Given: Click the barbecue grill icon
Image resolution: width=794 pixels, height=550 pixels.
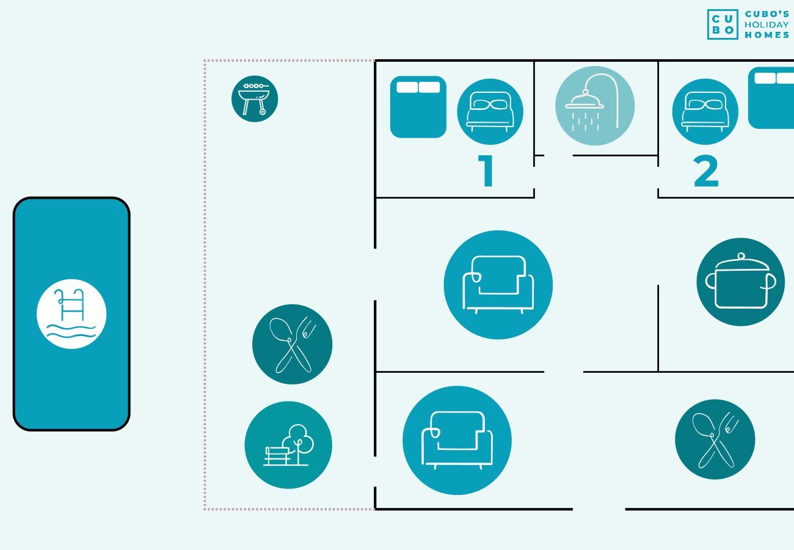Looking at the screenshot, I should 255,99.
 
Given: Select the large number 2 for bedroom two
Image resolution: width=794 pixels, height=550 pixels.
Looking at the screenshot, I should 706,172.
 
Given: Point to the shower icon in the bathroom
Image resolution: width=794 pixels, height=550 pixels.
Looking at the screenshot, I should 594,106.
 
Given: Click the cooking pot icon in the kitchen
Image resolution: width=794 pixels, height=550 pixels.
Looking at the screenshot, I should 740,282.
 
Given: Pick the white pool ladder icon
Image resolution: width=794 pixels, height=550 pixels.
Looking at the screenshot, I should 71,314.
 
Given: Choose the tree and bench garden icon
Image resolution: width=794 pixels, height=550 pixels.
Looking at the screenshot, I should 288,445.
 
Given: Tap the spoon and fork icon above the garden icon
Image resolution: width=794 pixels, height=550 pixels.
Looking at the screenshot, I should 292,344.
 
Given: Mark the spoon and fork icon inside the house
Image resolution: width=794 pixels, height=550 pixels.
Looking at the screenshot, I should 715,439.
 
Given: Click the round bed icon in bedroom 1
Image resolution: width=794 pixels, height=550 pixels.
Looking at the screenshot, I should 490,112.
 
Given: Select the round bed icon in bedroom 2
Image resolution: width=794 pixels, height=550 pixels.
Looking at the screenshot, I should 705,112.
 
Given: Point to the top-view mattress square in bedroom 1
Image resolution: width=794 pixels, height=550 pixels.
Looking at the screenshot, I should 418,107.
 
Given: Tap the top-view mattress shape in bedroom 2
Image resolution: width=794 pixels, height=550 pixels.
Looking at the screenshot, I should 771,98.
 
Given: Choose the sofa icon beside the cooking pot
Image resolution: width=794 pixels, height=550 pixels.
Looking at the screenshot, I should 498,285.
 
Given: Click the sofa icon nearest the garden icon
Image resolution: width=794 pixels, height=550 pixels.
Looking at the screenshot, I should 457,440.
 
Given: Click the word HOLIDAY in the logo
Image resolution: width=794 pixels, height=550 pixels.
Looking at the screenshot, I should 767,24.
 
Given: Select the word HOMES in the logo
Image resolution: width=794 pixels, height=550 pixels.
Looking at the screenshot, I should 767,35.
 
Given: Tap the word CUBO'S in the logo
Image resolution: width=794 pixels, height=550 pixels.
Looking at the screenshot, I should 767,14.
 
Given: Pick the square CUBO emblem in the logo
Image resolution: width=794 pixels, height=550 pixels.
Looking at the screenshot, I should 723,24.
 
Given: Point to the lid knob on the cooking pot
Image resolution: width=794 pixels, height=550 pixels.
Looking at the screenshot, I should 741,256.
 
